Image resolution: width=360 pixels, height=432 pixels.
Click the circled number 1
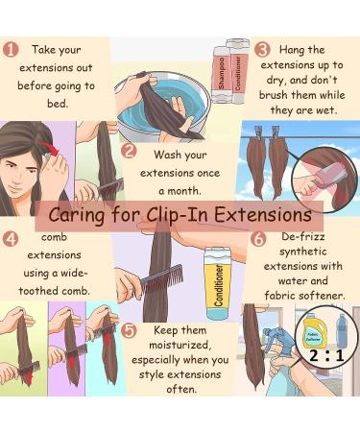11,50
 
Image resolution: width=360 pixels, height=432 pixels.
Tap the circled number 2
129,151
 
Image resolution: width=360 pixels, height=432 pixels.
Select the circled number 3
262,50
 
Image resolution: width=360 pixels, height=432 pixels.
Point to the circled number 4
11,239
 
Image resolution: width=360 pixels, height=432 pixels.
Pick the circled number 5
129,330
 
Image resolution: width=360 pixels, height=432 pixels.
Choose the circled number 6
258,238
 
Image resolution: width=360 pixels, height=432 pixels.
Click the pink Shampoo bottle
222,74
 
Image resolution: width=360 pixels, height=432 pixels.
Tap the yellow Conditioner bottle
217,283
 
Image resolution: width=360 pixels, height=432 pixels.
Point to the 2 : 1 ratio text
327,355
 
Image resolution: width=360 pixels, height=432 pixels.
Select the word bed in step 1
57,103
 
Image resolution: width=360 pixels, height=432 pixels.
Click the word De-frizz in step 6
299,236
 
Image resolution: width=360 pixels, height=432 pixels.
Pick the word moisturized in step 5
180,346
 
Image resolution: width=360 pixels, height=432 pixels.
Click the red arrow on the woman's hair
49,148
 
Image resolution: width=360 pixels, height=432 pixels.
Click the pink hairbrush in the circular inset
328,175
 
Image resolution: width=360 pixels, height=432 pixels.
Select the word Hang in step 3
288,50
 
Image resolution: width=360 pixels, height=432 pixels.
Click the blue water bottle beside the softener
342,331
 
